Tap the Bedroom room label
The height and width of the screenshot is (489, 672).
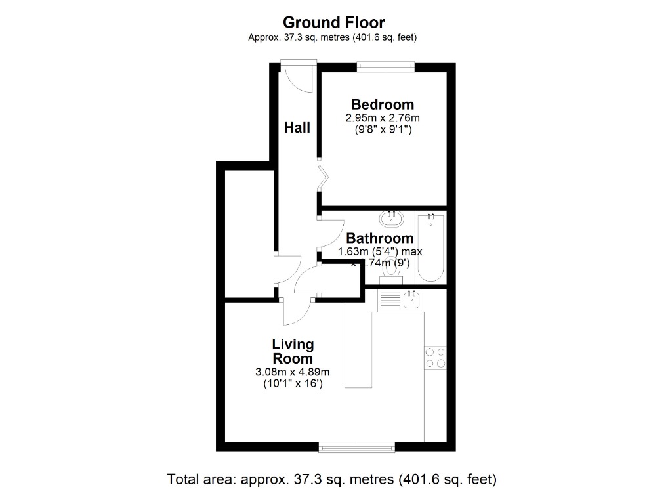point(383,104)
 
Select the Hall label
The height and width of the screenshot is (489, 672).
point(297,128)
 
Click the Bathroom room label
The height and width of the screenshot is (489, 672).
point(380,238)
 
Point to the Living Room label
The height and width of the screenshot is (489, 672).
point(293,352)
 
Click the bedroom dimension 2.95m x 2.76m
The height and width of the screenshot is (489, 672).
point(383,118)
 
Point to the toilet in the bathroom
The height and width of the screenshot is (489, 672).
point(391,270)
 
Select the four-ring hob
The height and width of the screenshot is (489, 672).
point(434,357)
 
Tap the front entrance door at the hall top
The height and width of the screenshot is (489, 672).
point(297,77)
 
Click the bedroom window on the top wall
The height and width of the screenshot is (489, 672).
point(385,65)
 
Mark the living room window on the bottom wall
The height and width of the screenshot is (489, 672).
point(356,447)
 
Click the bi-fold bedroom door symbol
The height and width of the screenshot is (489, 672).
point(324,177)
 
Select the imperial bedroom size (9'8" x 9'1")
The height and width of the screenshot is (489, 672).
point(383,129)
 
